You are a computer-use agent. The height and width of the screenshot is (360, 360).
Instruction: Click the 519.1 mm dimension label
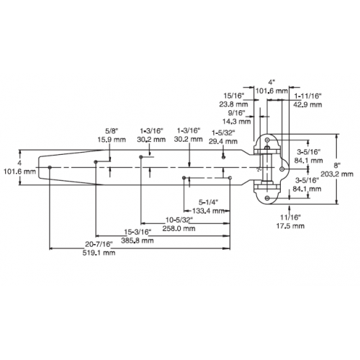(x=99, y=253)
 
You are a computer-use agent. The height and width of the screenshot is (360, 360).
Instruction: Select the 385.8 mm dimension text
(x=138, y=240)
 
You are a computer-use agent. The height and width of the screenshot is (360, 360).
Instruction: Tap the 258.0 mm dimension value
(x=179, y=228)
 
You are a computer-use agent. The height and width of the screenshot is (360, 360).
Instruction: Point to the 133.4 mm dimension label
(x=208, y=211)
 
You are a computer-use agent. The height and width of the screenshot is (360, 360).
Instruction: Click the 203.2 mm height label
(x=337, y=174)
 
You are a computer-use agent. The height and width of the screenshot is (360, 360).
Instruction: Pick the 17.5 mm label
(x=290, y=226)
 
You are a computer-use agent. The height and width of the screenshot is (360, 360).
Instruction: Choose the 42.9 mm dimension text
(x=307, y=104)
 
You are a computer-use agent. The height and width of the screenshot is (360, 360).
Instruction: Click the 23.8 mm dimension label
(x=233, y=104)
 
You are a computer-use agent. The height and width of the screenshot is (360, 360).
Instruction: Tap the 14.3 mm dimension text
(x=236, y=122)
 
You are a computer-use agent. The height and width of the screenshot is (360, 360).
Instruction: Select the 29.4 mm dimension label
(x=223, y=141)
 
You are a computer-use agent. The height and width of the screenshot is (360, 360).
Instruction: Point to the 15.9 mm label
(x=112, y=140)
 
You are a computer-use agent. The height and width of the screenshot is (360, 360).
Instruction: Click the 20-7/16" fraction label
(x=99, y=244)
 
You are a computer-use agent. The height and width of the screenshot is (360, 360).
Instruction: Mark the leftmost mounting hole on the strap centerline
(x=50, y=167)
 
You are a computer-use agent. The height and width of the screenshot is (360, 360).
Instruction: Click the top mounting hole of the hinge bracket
(x=267, y=140)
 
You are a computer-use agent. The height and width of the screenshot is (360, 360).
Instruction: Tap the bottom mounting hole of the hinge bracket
(x=267, y=198)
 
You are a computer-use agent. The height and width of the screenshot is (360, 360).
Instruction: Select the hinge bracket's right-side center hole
(x=282, y=169)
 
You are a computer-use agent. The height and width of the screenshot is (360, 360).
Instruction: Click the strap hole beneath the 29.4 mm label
(x=223, y=158)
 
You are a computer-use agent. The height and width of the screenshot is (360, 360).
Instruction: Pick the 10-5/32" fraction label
(x=179, y=220)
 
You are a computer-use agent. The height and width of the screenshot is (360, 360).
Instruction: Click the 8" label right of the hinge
(x=337, y=165)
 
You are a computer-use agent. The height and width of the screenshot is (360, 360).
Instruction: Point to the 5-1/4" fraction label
(x=208, y=202)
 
